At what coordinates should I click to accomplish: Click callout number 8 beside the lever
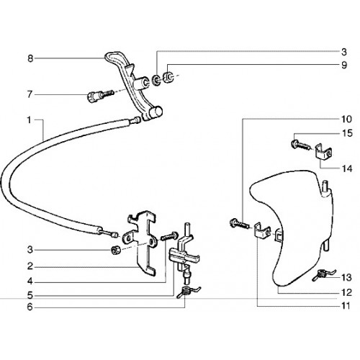click(30, 58)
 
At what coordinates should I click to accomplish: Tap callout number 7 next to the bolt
click(30, 94)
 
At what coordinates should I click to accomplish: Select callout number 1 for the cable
click(29, 120)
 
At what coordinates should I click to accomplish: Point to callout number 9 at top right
click(344, 65)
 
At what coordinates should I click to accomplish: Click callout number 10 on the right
click(346, 119)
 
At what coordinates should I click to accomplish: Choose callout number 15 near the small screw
click(347, 133)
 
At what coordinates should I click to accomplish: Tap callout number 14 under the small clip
click(347, 168)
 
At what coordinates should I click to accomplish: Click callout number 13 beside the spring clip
click(346, 278)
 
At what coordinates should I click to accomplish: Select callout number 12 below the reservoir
click(346, 292)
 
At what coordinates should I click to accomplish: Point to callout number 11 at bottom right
click(346, 306)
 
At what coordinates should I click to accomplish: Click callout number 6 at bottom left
click(30, 307)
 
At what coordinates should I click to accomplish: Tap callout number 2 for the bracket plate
click(30, 266)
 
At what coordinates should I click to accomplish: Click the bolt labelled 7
click(99, 96)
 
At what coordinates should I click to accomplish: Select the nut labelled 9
click(168, 76)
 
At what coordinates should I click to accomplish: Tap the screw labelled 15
click(300, 145)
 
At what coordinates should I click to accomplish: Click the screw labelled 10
click(238, 224)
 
